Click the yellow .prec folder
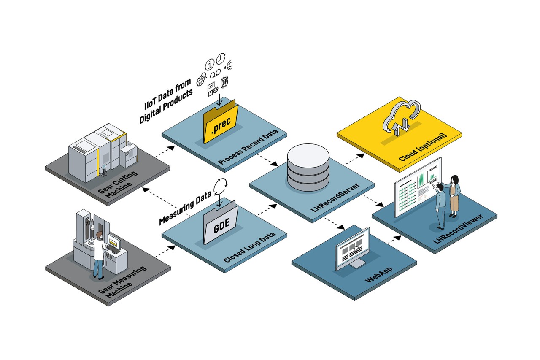click(x=220, y=123)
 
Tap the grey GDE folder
click(x=221, y=224)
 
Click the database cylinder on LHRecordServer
click(x=308, y=168)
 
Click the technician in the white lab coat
click(x=99, y=255)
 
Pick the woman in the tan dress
click(x=454, y=196)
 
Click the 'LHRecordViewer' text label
click(x=458, y=229)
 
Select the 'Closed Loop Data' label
click(x=249, y=247)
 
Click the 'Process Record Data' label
click(x=248, y=146)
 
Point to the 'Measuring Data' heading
click(x=185, y=207)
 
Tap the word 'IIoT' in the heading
click(x=150, y=103)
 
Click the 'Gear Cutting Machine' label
click(x=118, y=184)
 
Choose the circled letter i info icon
click(x=210, y=65)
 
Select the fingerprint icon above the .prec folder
click(x=224, y=82)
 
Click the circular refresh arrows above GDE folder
click(x=220, y=187)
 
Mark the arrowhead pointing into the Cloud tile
click(x=361, y=156)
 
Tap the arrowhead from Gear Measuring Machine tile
click(x=172, y=248)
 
